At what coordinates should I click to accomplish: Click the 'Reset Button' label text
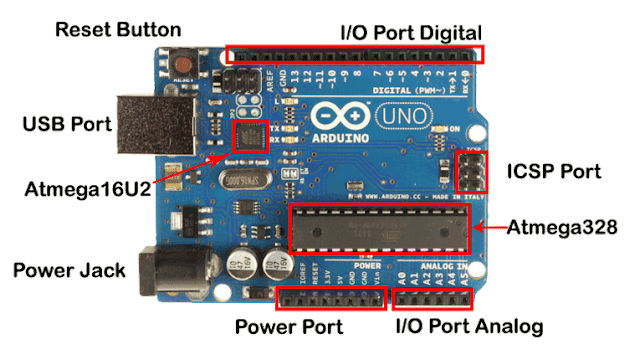tap(119, 29)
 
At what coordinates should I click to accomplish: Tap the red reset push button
tap(184, 65)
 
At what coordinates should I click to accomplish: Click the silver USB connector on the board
tap(149, 123)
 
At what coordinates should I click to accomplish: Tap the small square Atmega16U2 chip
tap(249, 137)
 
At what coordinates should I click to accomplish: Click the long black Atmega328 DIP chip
tap(381, 229)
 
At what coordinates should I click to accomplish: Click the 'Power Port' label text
tap(288, 326)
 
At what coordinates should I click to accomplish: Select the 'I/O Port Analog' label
tap(468, 326)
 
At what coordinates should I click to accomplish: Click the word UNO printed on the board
tap(397, 118)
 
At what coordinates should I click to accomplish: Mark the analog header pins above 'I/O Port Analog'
tap(433, 297)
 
